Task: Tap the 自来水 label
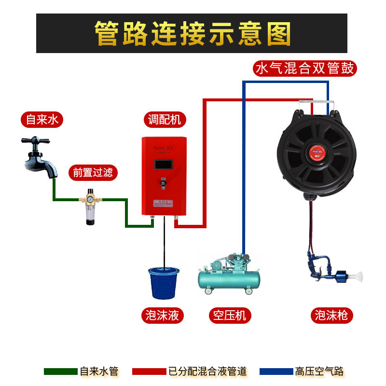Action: (x=42, y=120)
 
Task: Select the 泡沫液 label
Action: (x=163, y=316)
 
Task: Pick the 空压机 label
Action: (x=230, y=316)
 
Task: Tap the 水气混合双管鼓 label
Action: (x=305, y=69)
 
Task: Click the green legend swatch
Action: (x=60, y=372)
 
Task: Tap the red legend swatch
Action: (x=149, y=372)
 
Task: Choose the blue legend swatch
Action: (x=276, y=372)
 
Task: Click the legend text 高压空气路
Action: (x=319, y=372)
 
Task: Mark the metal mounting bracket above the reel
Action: (x=316, y=103)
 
